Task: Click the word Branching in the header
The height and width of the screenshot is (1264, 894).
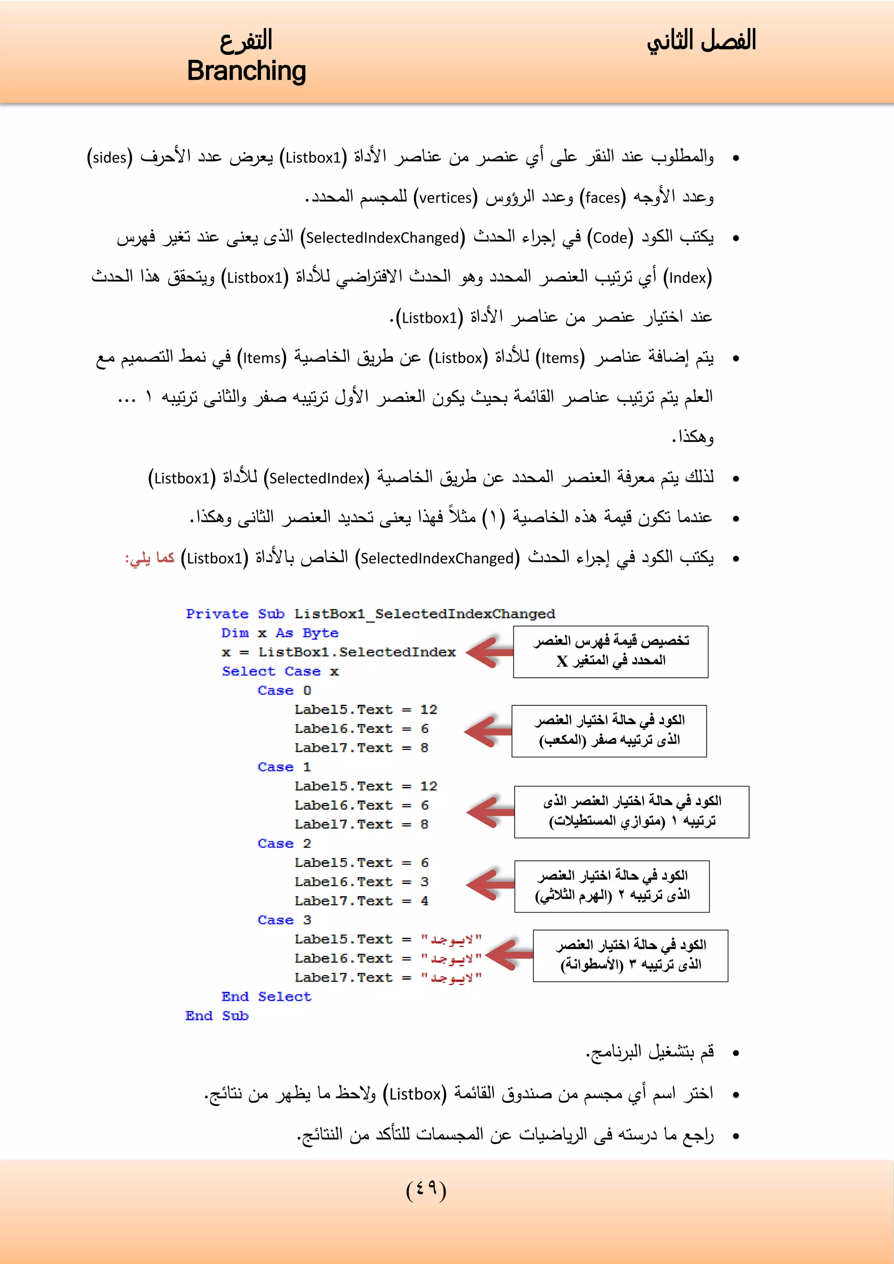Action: [x=246, y=72]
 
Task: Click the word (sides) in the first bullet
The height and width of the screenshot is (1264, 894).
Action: [x=110, y=158]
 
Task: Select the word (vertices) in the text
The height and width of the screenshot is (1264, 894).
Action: [x=446, y=198]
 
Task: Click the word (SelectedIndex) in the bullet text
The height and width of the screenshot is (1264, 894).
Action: [x=316, y=478]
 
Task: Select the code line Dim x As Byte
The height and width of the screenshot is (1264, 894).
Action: [x=280, y=633]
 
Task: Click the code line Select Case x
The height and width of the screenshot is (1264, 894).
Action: [x=280, y=672]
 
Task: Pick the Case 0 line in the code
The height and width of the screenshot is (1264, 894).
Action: [x=284, y=690]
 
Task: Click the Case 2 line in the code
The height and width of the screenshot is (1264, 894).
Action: [x=284, y=843]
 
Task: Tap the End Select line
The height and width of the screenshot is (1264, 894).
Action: [x=266, y=996]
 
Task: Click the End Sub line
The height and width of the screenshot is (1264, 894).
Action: [x=217, y=1016]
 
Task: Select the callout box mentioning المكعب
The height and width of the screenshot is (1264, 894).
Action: [x=609, y=731]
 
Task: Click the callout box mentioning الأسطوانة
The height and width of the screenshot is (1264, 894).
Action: [x=630, y=956]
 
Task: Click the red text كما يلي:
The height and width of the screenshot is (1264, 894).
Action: [x=150, y=558]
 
